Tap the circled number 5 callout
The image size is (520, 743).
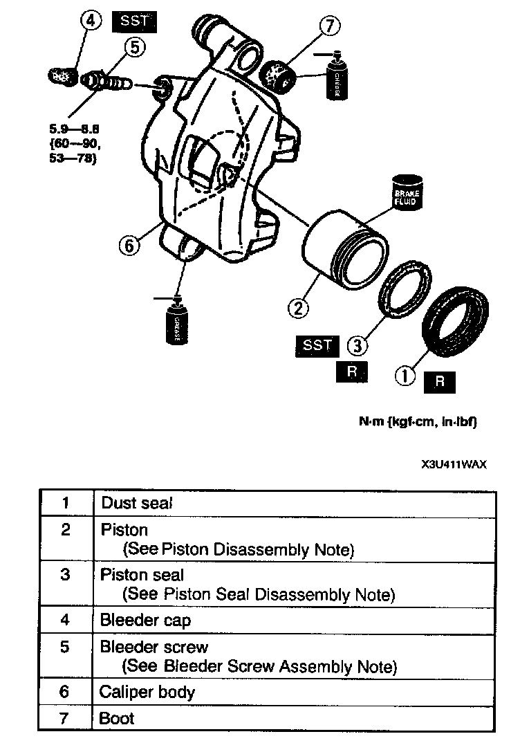pos(134,48)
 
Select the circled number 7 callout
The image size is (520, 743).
pos(330,28)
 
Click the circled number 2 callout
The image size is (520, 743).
pos(299,308)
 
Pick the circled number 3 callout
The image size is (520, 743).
pos(355,344)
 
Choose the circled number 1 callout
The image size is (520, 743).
pos(405,376)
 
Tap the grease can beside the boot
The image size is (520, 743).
pos(337,77)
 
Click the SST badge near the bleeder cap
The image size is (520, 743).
pos(134,21)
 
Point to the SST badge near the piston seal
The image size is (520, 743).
pos(317,345)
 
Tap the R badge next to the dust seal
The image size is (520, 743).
pos(440,382)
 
